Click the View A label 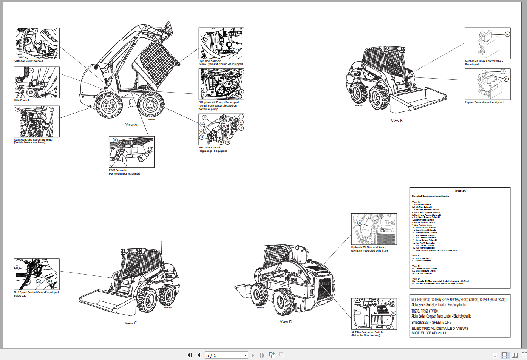click(131, 125)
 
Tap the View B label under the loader click(397, 121)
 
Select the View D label click(286, 322)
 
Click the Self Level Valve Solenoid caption click(29, 61)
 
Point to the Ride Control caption click(22, 100)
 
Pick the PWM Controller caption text click(118, 170)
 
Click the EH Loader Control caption click(209, 148)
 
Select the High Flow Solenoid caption click(210, 61)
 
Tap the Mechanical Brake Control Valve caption click(483, 61)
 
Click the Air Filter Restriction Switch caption click(367, 332)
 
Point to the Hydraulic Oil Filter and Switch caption click(369, 247)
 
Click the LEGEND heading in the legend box click(460, 191)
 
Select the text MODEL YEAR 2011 click(428, 333)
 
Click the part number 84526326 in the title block click(420, 323)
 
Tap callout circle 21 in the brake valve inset click(506, 79)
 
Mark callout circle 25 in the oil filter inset click(360, 223)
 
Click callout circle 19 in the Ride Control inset click(31, 71)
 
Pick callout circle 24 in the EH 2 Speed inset click(17, 268)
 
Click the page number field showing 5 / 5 click(226, 355)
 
